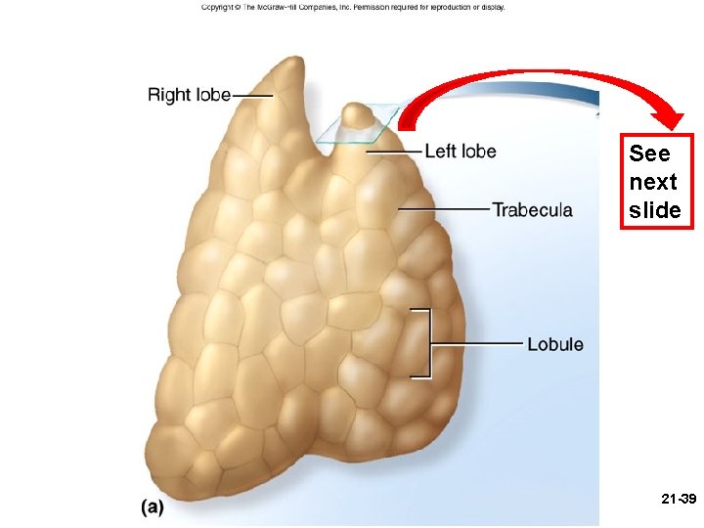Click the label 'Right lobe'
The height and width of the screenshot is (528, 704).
point(189,95)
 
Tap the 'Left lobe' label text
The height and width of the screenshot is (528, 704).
point(461,152)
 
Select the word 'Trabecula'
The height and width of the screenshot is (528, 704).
point(532,210)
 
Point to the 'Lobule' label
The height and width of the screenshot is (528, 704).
point(554,344)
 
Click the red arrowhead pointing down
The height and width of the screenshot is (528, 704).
point(673,119)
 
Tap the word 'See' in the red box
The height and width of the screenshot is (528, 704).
point(649,154)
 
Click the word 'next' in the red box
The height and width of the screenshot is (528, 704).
point(653,183)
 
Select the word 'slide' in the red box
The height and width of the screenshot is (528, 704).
point(655,210)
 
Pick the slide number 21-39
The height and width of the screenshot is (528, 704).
point(678,500)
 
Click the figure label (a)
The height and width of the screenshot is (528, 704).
point(151,508)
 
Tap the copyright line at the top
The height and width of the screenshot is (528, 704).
point(352,7)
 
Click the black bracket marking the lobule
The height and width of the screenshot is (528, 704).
point(426,342)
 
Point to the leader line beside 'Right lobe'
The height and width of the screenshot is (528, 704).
point(252,95)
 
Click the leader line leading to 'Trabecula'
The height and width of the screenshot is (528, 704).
point(445,209)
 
